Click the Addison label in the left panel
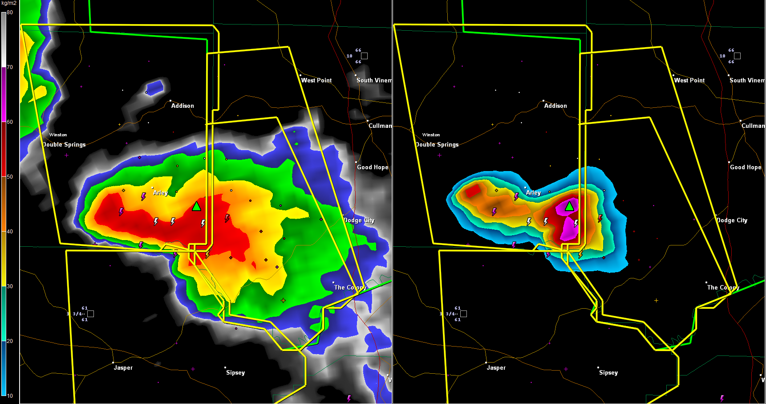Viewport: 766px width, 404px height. pos(182,106)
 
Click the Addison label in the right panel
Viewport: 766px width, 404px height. pos(555,106)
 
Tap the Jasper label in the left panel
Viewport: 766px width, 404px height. pos(123,368)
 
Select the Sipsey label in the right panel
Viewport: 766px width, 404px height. pos(608,373)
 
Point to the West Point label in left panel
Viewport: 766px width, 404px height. pos(316,81)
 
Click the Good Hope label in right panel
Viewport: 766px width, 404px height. pos(746,167)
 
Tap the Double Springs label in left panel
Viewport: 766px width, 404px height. pos(65,145)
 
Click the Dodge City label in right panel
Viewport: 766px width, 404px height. pos(732,220)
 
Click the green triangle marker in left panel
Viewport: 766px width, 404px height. pos(196,206)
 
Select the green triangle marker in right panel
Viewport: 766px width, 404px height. pos(569,206)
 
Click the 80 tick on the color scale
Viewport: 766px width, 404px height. pos(10,12)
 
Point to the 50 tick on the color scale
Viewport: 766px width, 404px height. pos(10,177)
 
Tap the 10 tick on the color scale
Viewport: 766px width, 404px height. pos(10,396)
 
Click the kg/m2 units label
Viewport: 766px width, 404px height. pos(9,3)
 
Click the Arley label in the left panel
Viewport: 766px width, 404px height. pos(161,193)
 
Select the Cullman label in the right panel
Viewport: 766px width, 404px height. pos(753,126)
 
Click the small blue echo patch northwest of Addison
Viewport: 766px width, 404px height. pos(154,87)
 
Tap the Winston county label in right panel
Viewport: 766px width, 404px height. pos(431,135)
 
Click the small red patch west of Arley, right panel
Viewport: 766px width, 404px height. pos(473,191)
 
